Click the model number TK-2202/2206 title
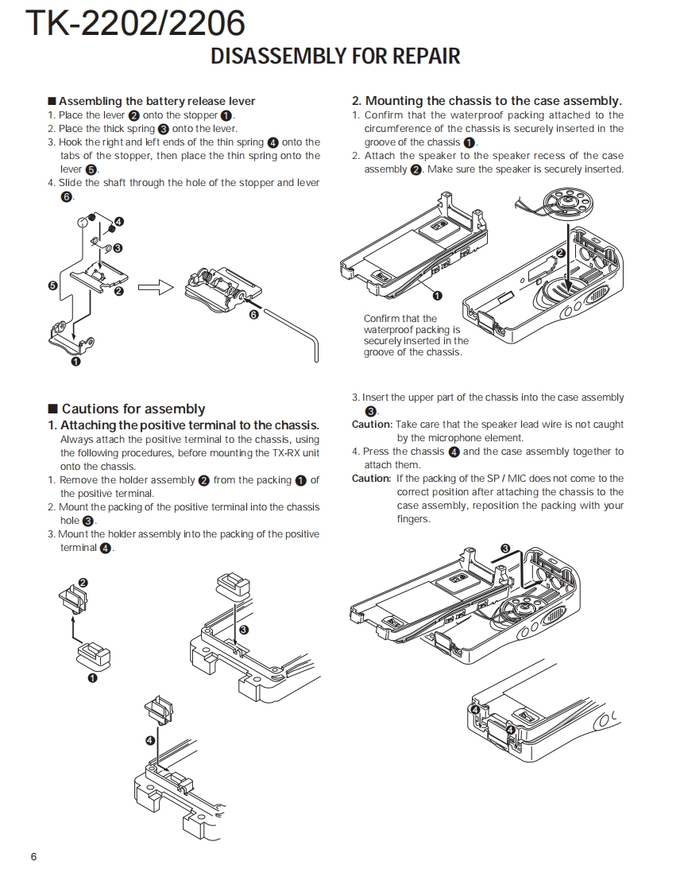coord(135,24)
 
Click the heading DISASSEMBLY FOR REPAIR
coord(334,56)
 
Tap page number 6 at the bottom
coord(33,856)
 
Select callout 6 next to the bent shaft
coord(254,315)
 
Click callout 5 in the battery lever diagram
coord(52,285)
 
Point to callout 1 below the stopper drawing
coord(75,362)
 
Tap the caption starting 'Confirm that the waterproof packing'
coord(412,335)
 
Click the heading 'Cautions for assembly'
coord(133,409)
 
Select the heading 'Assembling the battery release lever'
coord(157,101)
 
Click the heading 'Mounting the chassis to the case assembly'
coord(486,101)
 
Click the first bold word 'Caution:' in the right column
coord(372,425)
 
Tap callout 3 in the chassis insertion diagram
coord(504,549)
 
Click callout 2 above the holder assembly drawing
coord(83,583)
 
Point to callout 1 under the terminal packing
coord(92,678)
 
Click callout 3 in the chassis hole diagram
coord(243,630)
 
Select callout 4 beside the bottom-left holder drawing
coord(150,740)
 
